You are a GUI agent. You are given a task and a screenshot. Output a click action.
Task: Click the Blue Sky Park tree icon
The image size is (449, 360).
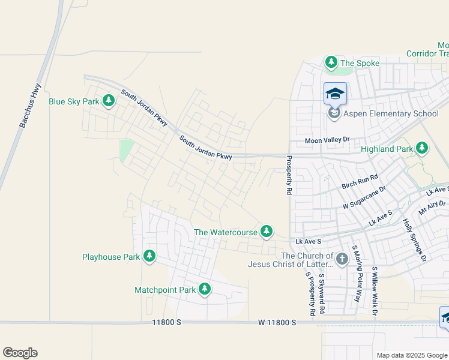coord(109,101)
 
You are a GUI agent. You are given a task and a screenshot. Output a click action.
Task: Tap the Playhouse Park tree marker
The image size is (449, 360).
coord(149,257)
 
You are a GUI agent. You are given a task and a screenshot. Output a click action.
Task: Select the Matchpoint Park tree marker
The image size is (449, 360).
coord(205,290)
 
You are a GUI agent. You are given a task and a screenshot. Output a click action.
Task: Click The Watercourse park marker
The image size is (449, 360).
coord(266,232)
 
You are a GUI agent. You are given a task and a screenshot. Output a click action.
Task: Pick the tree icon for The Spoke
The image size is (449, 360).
coord(331,62)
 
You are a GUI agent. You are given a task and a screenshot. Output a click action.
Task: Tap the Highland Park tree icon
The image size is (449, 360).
coord(422,148)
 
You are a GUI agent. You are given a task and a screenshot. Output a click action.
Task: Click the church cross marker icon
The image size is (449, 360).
coord(342,259)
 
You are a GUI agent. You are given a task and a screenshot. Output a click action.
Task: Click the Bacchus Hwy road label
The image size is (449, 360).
coord(29,106)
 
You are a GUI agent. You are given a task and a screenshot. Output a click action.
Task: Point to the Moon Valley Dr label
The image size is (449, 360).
coord(327,140)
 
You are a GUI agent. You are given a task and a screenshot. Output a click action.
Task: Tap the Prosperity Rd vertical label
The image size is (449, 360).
coord(289,175)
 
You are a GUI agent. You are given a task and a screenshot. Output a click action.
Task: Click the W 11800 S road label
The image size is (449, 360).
coord(277,322)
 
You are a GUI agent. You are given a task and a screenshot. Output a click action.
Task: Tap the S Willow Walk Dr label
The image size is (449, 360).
coord(374,291)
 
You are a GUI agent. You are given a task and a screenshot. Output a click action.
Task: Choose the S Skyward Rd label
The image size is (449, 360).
coord(322,294)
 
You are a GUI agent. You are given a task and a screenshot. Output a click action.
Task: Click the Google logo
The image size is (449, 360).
coord(20,353)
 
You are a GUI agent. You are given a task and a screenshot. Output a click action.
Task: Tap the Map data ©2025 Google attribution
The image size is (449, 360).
coord(411,355)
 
